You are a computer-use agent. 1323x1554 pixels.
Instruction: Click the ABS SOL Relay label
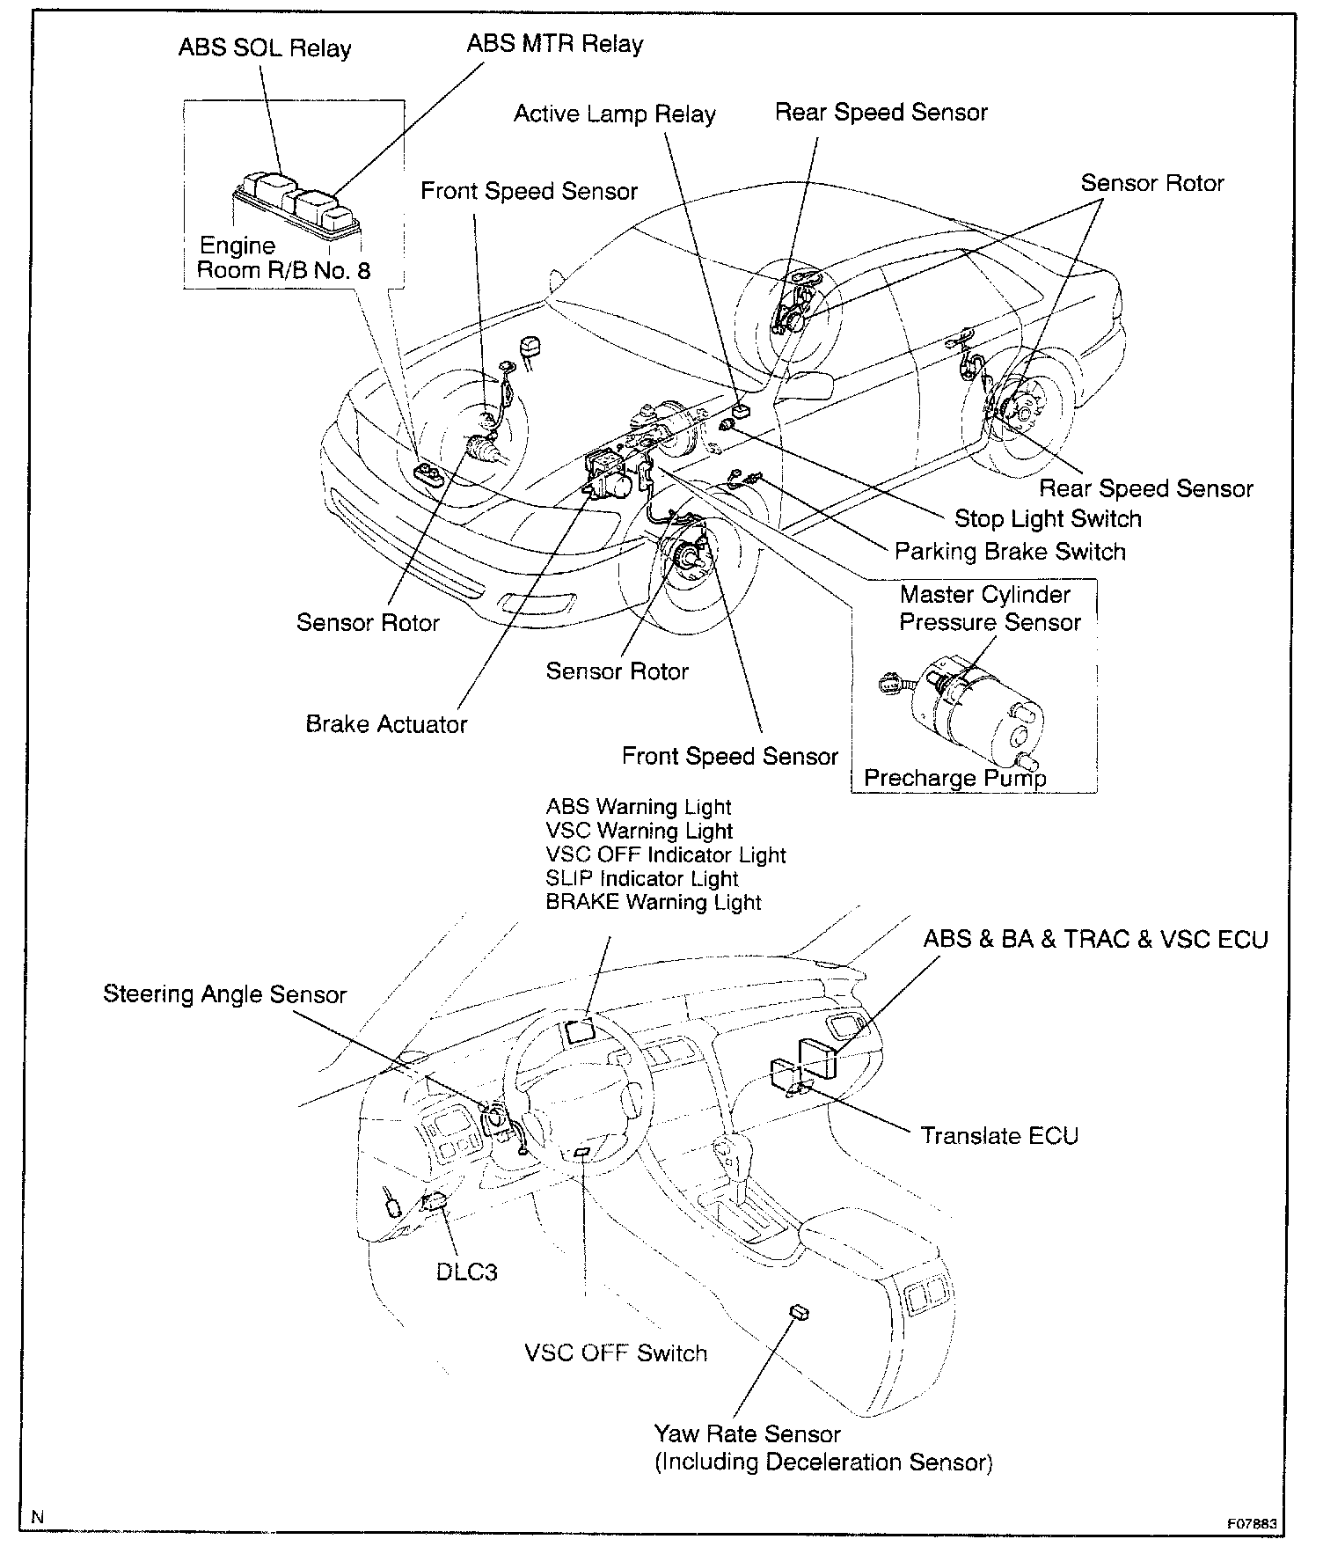click(x=265, y=48)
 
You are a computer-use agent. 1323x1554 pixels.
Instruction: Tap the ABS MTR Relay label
click(x=554, y=44)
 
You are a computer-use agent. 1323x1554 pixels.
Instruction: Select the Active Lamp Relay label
click(x=614, y=114)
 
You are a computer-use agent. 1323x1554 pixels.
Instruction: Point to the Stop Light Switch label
click(x=1048, y=518)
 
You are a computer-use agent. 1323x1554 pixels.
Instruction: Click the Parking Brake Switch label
click(x=1010, y=552)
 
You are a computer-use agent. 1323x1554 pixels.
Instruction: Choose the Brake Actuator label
click(x=386, y=724)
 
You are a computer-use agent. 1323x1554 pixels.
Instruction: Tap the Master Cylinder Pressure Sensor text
click(x=989, y=608)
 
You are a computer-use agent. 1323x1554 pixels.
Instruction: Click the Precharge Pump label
click(x=954, y=778)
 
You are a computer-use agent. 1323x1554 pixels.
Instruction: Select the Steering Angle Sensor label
click(x=224, y=994)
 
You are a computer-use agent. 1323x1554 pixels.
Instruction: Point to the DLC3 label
click(x=466, y=1272)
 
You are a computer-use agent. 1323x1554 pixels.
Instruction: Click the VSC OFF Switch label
click(x=616, y=1352)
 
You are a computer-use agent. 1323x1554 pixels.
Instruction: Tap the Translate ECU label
click(x=999, y=1136)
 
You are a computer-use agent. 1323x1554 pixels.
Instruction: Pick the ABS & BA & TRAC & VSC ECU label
click(x=1095, y=940)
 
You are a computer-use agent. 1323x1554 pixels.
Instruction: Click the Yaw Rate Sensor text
click(x=747, y=1434)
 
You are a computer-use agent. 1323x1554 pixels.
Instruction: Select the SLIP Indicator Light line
click(x=642, y=878)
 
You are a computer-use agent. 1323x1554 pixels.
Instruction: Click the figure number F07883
click(x=1252, y=1524)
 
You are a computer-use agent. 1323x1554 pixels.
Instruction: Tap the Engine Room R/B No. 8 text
click(x=283, y=258)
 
